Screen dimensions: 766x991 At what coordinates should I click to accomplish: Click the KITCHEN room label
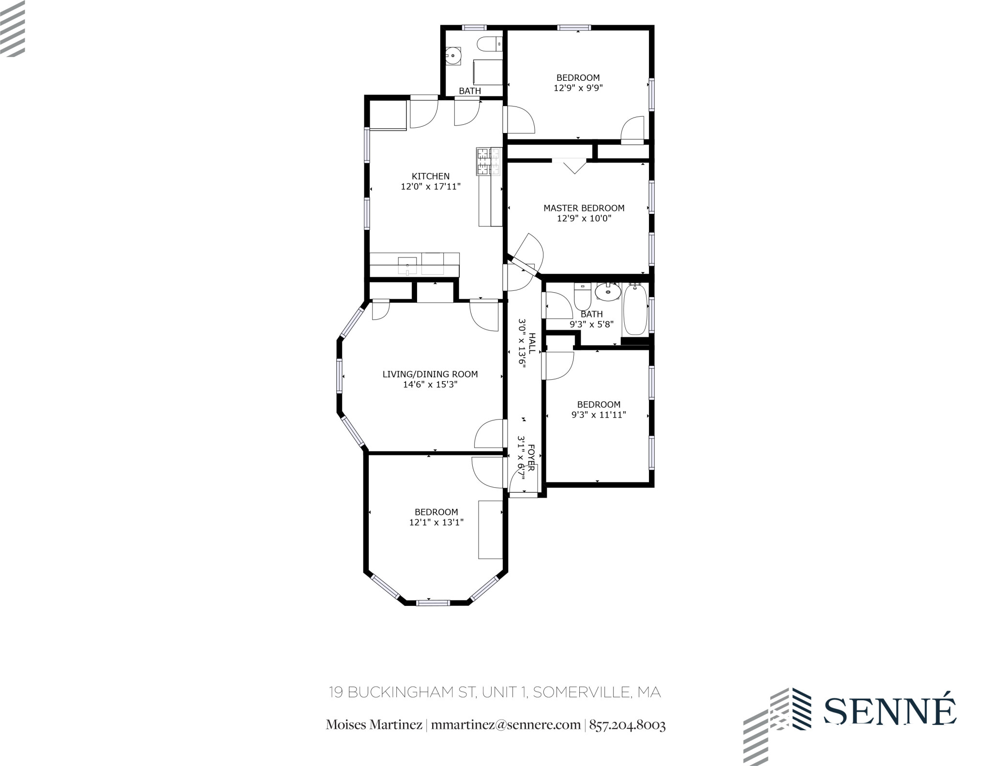click(430, 176)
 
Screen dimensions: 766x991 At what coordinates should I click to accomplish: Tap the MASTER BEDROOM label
click(584, 208)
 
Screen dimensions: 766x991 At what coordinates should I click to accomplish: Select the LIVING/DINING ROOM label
click(430, 374)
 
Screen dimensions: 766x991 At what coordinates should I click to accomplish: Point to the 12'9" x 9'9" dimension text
click(578, 88)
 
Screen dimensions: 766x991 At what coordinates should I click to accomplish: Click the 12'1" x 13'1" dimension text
click(436, 522)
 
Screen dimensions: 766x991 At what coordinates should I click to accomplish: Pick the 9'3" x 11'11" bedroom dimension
click(599, 415)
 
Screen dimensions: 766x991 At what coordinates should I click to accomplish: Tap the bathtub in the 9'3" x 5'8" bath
click(635, 310)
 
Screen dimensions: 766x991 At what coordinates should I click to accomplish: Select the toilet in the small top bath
click(489, 45)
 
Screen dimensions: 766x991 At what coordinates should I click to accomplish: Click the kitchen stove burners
click(488, 161)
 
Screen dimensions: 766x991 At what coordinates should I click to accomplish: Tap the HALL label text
click(532, 343)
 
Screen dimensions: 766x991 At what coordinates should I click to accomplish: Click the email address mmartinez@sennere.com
click(505, 725)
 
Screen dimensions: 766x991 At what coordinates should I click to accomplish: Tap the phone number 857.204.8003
click(627, 725)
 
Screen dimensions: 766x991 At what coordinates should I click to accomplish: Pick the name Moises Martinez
click(374, 725)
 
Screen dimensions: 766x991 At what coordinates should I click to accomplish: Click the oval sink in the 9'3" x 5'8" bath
click(607, 292)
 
